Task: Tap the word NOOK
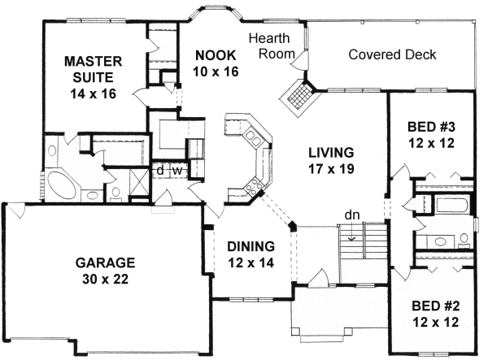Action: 216,55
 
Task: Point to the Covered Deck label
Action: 391,55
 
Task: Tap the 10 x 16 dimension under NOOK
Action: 216,71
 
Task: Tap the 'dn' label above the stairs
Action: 351,215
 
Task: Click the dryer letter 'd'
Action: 160,171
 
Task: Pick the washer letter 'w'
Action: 175,171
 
